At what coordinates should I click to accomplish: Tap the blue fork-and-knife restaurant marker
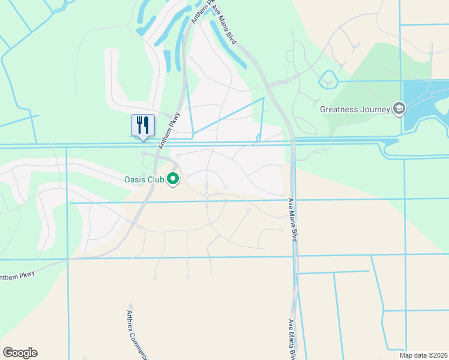143,125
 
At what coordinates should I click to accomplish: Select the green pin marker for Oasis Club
173,179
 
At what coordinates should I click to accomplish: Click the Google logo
20,353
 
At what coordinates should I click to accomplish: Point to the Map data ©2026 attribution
423,355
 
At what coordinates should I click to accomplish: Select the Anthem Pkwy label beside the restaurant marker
169,130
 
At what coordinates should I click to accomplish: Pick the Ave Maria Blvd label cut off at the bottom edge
292,339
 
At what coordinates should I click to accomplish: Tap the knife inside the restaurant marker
146,124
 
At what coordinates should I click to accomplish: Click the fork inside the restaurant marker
139,124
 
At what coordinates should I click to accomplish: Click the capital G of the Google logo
8,353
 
